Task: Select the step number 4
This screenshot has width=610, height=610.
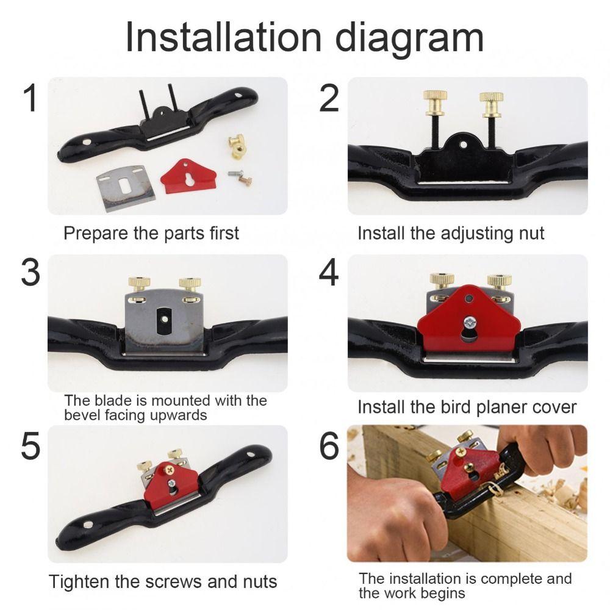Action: click(x=329, y=273)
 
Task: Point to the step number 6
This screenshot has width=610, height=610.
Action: click(x=329, y=448)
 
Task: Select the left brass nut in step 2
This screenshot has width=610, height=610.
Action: click(x=435, y=98)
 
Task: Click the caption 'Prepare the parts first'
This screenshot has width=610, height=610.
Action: click(x=151, y=233)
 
